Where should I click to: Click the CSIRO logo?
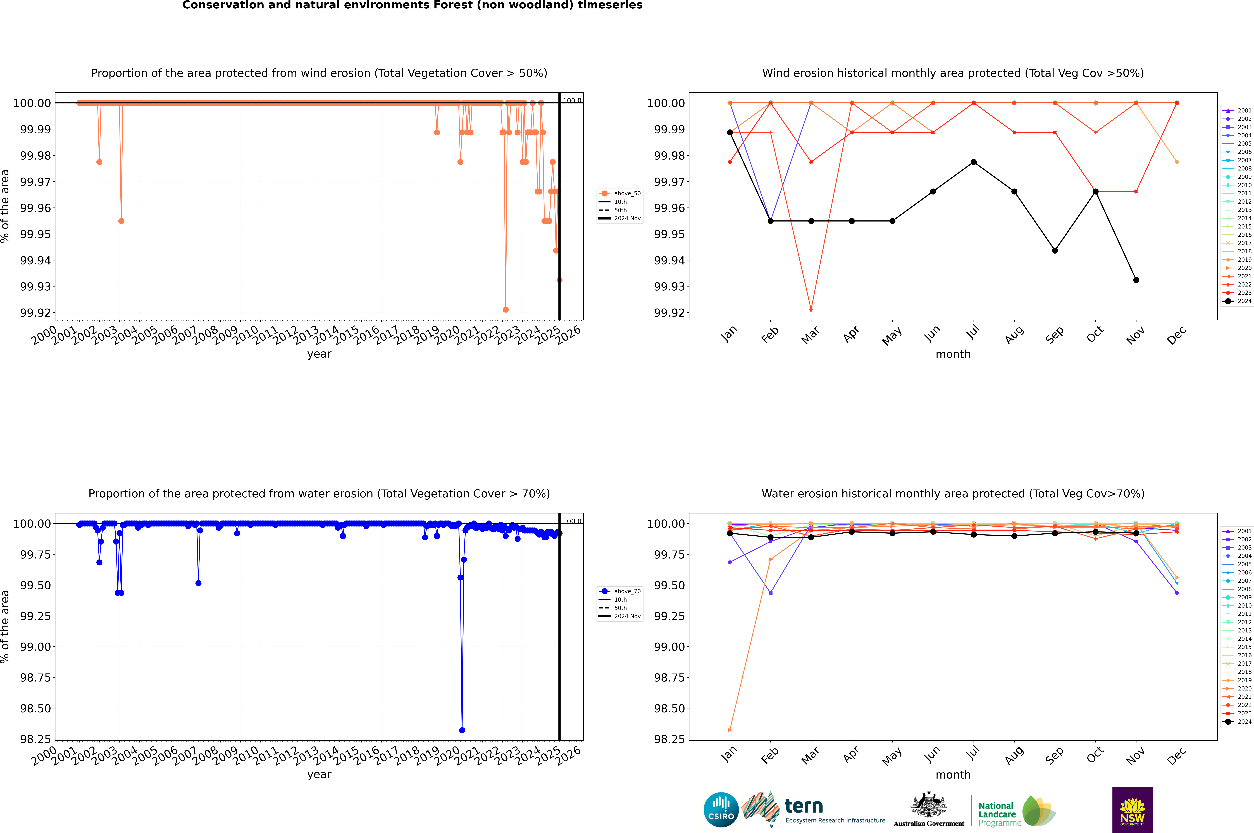[x=721, y=810]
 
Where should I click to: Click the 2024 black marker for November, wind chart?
[x=1136, y=280]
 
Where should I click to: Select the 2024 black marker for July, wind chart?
[x=973, y=162]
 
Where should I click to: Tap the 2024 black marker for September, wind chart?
[x=1055, y=250]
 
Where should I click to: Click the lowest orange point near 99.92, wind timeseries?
[x=506, y=309]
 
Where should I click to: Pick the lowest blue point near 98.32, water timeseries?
[x=462, y=730]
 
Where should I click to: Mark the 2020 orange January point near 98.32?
[x=729, y=730]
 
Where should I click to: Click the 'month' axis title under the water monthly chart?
[x=953, y=775]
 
